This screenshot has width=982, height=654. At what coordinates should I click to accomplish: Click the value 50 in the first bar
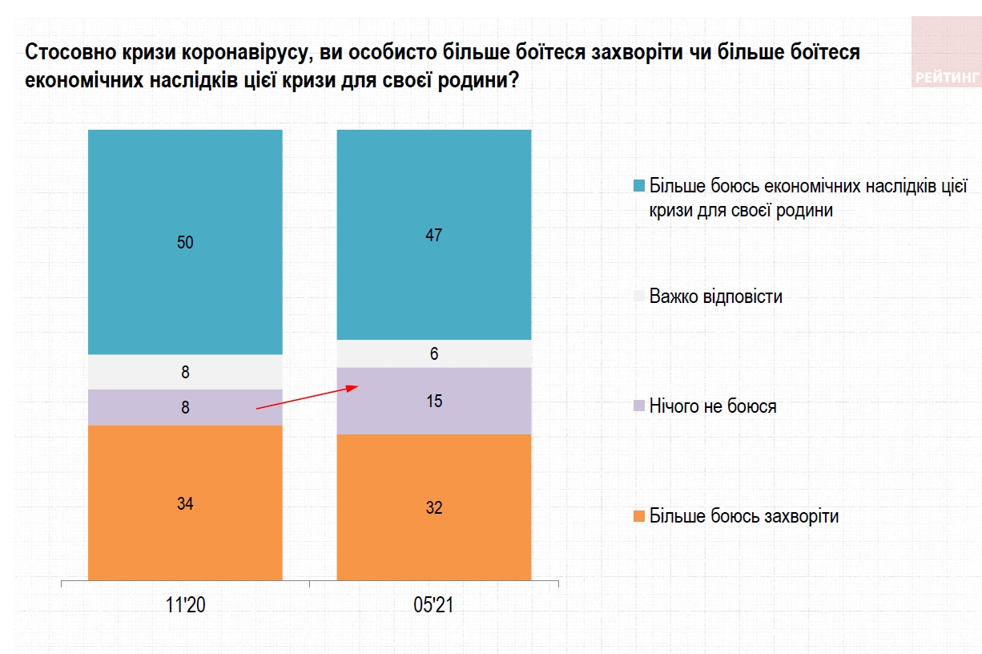pos(185,242)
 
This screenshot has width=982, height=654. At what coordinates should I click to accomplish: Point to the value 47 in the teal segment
pos(434,235)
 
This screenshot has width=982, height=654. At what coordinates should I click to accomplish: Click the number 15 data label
pos(434,401)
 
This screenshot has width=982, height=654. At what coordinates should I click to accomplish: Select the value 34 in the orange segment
pos(185,503)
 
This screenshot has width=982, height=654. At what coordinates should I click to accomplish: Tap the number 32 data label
pos(434,507)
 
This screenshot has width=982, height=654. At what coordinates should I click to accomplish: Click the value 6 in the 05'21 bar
pos(434,353)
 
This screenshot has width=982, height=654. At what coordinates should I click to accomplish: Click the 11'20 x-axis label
pos(185,605)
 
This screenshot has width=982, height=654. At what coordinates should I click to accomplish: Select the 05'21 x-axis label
pos(434,605)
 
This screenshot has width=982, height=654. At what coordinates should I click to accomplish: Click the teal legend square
pos(638,187)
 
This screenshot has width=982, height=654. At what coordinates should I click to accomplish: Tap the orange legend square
pos(638,516)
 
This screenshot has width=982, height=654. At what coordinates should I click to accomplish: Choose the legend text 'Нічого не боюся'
pos(713,406)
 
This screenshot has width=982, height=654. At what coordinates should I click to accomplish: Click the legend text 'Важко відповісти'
pos(716,297)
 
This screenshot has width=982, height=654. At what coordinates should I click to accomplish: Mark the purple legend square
pos(638,406)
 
